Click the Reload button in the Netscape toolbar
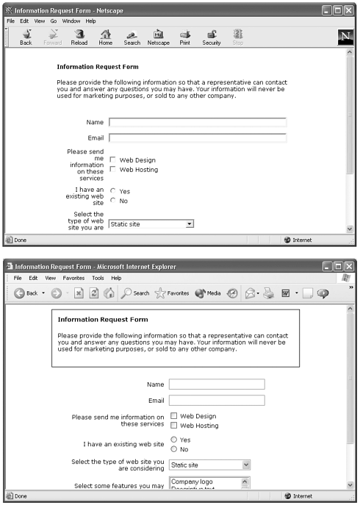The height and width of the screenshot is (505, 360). [79, 36]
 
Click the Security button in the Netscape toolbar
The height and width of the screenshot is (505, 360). [211, 36]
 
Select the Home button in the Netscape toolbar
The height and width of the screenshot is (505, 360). [105, 36]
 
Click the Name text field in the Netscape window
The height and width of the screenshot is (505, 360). [197, 122]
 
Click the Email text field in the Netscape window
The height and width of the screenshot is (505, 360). [197, 137]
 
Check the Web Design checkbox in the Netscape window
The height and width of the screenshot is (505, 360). [112, 160]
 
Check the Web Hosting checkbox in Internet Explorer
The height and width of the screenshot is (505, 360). [173, 425]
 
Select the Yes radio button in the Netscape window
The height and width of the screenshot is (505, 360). [112, 191]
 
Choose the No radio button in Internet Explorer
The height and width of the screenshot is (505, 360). [173, 449]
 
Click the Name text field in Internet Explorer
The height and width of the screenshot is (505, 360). [216, 384]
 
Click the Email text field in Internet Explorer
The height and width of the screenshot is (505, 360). [216, 400]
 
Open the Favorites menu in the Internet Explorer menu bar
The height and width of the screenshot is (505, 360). [73, 279]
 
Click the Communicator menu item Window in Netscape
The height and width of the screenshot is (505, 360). [71, 21]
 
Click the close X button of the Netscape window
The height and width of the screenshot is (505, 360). [350, 10]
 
